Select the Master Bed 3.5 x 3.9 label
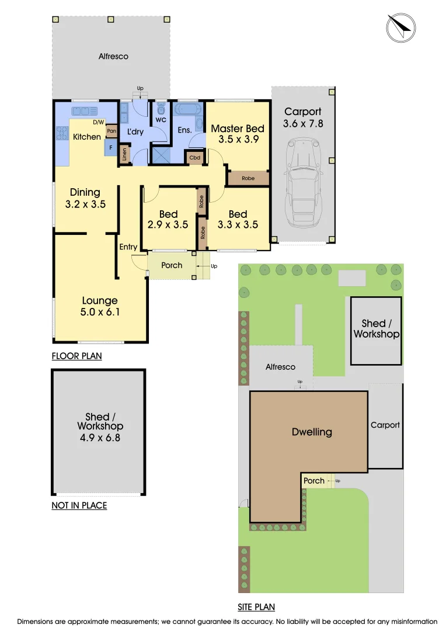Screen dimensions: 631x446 [238, 134]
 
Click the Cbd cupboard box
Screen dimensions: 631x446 [194, 158]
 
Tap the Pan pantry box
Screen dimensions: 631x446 [111, 131]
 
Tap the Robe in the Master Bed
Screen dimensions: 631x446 [248, 178]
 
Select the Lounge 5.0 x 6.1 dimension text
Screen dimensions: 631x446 [100, 307]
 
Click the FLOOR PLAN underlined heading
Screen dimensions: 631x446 [76, 356]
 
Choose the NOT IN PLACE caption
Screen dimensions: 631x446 [79, 505]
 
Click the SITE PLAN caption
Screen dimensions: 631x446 [256, 607]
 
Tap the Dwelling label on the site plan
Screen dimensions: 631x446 [312, 432]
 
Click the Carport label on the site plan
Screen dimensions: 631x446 [385, 425]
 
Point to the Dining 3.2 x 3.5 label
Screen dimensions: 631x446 [85, 198]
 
